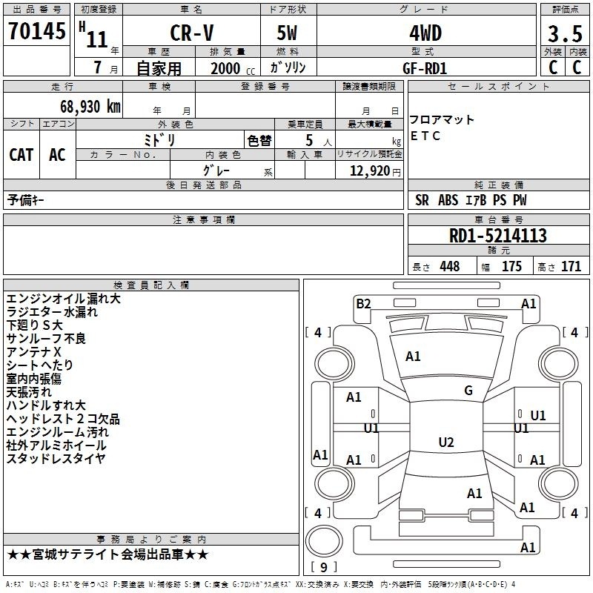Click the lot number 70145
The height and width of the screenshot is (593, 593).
[x=36, y=30]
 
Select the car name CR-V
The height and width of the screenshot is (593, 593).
[x=192, y=33]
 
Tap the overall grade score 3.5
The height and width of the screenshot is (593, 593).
[x=565, y=34]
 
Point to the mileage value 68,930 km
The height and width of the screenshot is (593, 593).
[x=90, y=106]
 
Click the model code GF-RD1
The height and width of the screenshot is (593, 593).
[x=425, y=68]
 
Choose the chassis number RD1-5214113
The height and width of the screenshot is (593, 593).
[x=497, y=236]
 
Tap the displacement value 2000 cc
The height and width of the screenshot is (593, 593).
[x=233, y=68]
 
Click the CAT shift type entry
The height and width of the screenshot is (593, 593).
[x=21, y=155]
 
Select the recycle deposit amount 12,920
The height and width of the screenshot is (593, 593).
[x=370, y=170]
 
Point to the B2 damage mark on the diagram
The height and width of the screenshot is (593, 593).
[x=363, y=304]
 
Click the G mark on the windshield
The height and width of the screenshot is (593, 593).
[x=468, y=391]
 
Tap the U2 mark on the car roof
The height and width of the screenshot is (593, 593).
[x=446, y=442]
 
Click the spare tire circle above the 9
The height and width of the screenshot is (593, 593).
[x=324, y=541]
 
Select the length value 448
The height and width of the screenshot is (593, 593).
[x=450, y=266]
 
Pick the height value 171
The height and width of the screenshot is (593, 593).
[x=571, y=266]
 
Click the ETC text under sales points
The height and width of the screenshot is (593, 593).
[x=425, y=136]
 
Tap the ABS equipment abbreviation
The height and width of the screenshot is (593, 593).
[x=448, y=200]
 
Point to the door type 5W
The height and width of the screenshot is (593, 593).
[x=287, y=33]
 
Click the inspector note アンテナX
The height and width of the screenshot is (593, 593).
[x=33, y=351]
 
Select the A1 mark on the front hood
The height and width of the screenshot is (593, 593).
[x=413, y=357]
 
